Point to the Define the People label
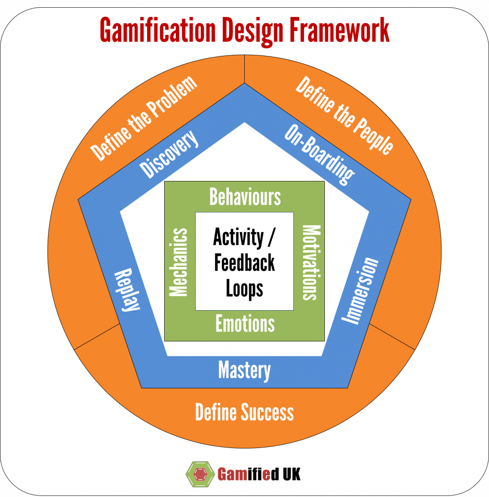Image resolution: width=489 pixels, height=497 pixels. pos(344,117)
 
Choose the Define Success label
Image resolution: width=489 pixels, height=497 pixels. pos(244,413)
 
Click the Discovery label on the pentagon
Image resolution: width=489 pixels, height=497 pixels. pos(169,153)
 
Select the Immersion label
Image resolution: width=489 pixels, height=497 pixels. pos(360,291)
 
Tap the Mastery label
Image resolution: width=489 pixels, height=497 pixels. pos(244,370)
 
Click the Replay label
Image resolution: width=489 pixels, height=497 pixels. pos(127,291)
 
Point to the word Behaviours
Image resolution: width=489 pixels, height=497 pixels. pos(245,197)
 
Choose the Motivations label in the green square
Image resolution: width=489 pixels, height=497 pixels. pos(309,262)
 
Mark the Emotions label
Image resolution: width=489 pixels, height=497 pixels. pos(245,324)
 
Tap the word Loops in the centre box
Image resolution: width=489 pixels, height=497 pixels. pos(244,289)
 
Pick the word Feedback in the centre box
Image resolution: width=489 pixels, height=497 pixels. pos(244,263)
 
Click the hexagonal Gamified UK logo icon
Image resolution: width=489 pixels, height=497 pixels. pos(199,473)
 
